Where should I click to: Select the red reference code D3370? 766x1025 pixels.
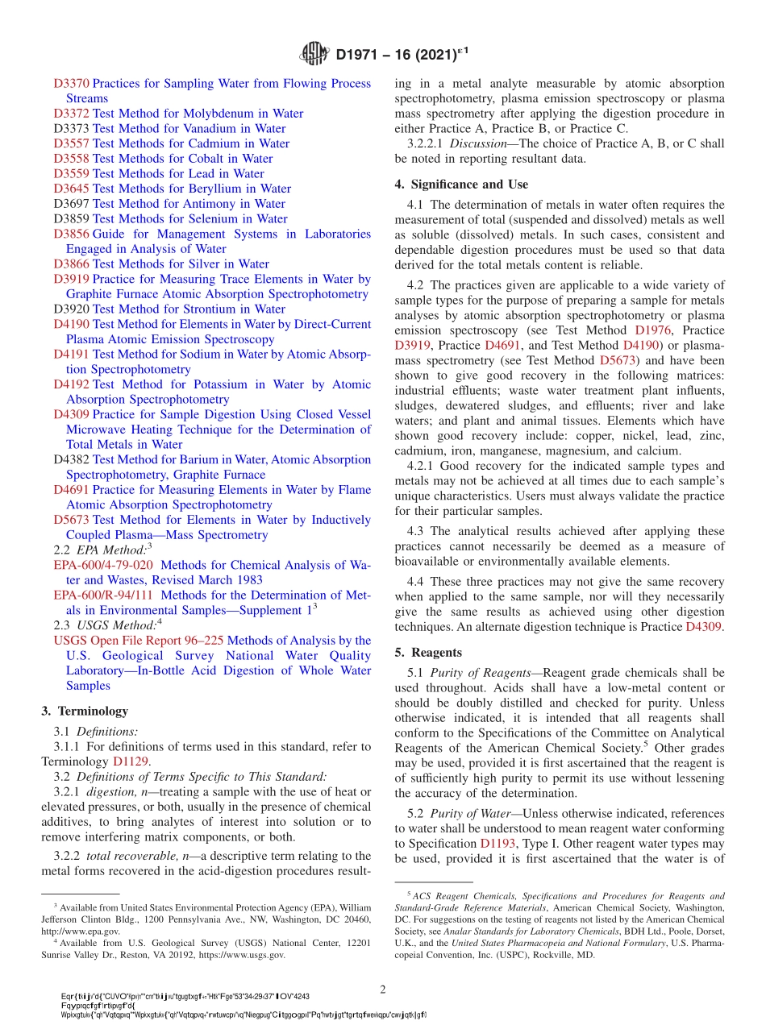[71, 83]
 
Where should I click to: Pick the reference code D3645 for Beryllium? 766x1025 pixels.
[71, 189]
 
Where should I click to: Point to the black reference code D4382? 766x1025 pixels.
[71, 459]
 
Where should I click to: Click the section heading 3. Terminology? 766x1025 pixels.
[85, 711]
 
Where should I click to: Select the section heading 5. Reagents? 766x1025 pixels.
[427, 652]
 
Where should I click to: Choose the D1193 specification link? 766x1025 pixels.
[497, 844]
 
